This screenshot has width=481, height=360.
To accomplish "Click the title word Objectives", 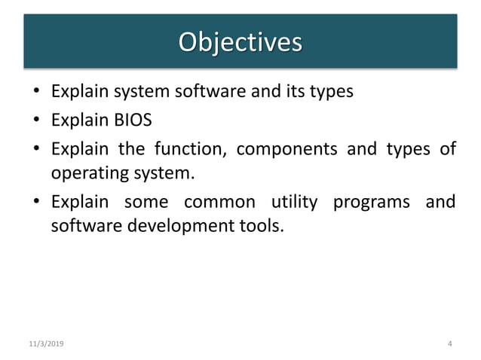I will (240, 41).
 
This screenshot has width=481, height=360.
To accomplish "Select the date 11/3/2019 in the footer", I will (46, 344).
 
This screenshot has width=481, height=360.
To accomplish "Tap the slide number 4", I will (449, 344).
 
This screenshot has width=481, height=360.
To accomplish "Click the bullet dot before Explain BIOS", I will (35, 121).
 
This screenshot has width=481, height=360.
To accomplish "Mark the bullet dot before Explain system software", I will (35, 93).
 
